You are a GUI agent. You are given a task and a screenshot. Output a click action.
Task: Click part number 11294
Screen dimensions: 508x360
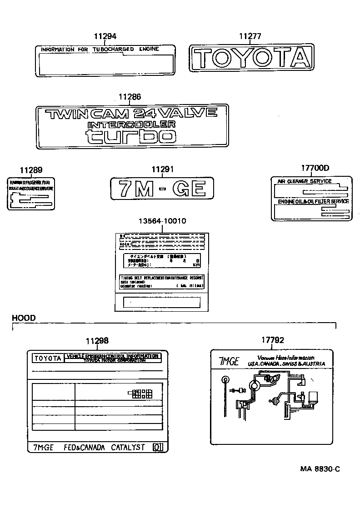coord(105,36)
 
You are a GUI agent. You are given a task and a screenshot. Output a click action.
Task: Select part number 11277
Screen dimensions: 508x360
coord(250,36)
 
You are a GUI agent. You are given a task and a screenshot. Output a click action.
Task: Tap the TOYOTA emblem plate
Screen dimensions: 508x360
coord(251,57)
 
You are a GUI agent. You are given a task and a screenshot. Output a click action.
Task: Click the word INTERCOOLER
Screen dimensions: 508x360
coord(131,124)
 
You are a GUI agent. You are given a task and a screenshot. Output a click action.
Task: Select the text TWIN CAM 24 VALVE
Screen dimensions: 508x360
coord(132,113)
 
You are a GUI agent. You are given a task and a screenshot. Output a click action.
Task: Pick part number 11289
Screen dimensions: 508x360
coord(31,170)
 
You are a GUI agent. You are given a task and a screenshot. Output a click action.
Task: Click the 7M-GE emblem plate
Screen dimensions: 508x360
coord(162,188)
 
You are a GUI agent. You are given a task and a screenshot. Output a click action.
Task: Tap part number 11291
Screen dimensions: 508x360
coord(162,169)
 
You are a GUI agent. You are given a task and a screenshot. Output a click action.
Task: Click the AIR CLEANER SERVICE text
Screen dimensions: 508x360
coord(305,181)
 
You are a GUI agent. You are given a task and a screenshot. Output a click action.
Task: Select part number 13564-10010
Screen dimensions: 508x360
coord(162,221)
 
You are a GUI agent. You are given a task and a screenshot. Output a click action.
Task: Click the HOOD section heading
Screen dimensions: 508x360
coord(24,318)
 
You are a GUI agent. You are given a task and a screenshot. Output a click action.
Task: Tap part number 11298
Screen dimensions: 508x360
coord(97,341)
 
